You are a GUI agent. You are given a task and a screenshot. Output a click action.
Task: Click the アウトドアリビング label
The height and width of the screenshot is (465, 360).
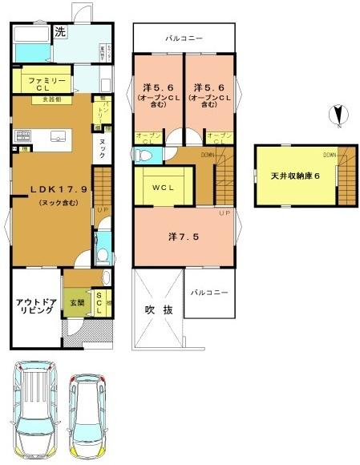click(x=34, y=306)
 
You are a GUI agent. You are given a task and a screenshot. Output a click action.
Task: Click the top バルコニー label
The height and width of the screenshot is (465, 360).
click(x=184, y=38)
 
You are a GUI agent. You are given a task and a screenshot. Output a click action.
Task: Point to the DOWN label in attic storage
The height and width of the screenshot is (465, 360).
click(x=330, y=154)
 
